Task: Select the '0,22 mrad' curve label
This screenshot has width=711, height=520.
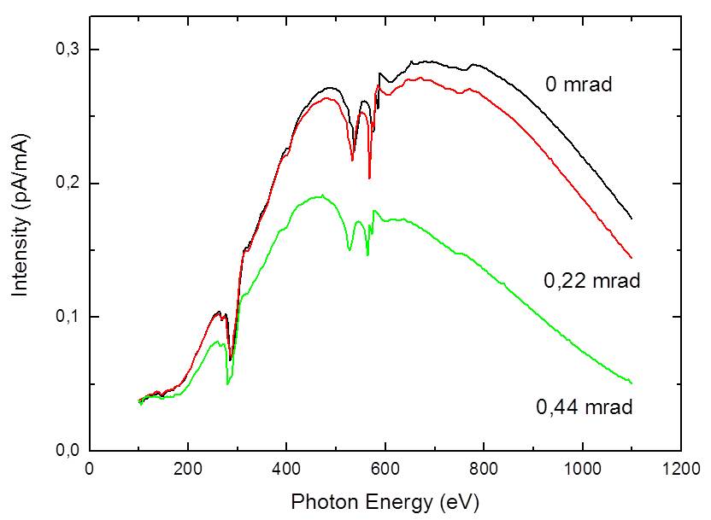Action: pos(591,281)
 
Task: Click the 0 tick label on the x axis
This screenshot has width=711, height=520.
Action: pos(90,470)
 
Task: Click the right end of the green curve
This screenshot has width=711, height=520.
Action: pos(631,382)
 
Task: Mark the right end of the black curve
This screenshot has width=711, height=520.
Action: pos(631,219)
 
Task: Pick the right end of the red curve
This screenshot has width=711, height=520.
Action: pos(631,257)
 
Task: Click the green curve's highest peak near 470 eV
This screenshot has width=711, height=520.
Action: pos(320,196)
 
